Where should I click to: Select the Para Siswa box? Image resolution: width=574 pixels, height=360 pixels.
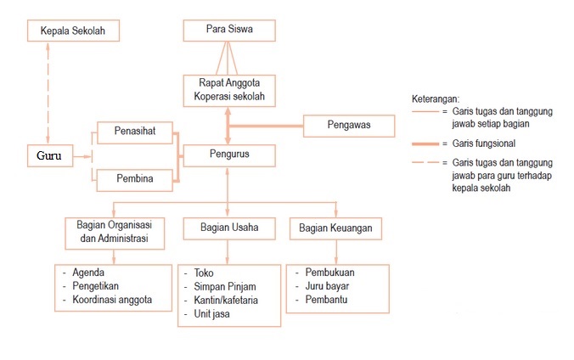tap(228, 31)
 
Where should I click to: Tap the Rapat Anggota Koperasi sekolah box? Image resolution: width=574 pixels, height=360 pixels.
tap(228, 90)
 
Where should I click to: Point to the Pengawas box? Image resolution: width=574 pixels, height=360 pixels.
tap(349, 126)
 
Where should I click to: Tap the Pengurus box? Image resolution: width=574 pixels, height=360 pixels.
tap(228, 155)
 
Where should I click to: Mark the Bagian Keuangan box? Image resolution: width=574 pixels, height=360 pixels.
tap(335, 228)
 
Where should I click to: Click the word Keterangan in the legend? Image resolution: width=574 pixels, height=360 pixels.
tap(435, 98)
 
